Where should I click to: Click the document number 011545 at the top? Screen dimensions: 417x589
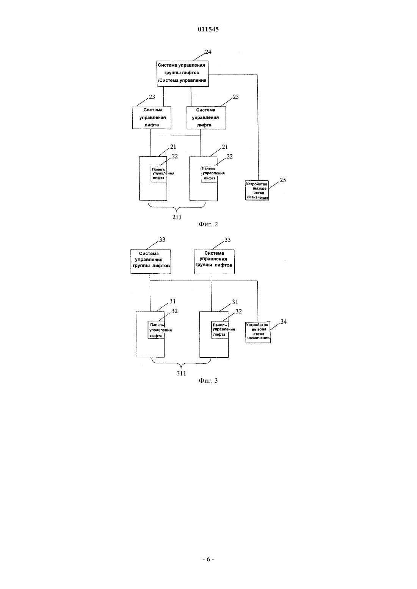pos(208,29)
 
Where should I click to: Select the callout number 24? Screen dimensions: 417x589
pos(208,52)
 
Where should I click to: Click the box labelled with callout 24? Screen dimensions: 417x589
pos(183,73)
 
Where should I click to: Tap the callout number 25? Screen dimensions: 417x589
pos(283,180)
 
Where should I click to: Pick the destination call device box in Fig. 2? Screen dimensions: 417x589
pos(257,190)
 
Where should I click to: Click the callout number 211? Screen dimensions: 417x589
pos(177,217)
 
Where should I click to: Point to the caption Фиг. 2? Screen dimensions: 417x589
pos(208,224)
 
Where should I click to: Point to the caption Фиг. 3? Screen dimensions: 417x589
pos(208,381)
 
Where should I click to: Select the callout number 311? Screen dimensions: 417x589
pos(181,373)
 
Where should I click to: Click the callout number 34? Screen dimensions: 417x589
pos(284,322)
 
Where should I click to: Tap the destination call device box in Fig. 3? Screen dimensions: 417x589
pos(258,332)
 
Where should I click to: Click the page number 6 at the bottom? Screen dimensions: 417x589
pos(208,559)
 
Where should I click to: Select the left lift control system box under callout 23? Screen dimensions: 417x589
pos(152,118)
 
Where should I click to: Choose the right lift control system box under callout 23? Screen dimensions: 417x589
pos(206,118)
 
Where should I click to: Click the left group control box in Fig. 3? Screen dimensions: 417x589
pos(151,262)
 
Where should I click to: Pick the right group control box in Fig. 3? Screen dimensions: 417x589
pos(214,262)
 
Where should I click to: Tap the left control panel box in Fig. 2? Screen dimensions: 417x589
pos(159,174)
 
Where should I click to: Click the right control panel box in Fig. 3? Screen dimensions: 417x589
pos(220,330)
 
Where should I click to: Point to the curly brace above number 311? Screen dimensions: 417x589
pos(181,364)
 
